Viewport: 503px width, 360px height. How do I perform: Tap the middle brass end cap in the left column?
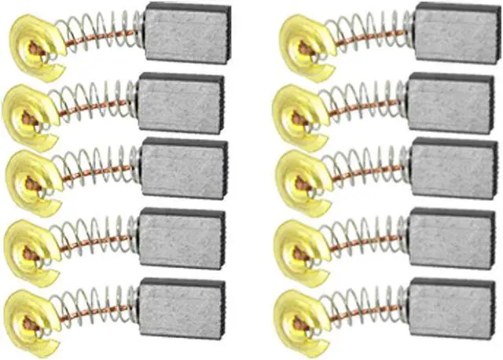pos(30,182)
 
